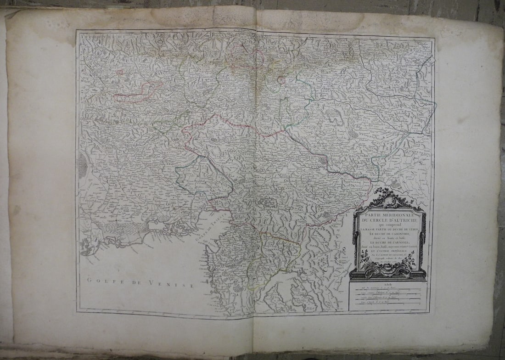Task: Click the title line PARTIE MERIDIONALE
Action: pyautogui.click(x=389, y=215)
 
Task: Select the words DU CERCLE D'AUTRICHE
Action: pyautogui.click(x=389, y=220)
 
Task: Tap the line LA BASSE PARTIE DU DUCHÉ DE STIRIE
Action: pyautogui.click(x=389, y=229)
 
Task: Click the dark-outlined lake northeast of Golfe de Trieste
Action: pyautogui.click(x=266, y=202)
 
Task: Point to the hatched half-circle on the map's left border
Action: pyautogui.click(x=83, y=165)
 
